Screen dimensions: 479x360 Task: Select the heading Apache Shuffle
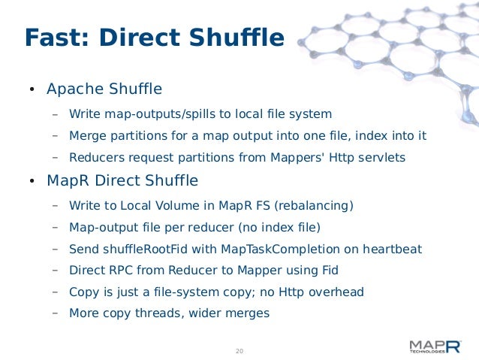pos(104,89)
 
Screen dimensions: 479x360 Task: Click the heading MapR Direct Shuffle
pos(122,181)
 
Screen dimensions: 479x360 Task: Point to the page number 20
pos(239,351)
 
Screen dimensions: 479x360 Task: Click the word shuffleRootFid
pos(150,248)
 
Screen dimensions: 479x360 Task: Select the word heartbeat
pos(390,248)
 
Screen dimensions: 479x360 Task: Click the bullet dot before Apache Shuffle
pos(31,91)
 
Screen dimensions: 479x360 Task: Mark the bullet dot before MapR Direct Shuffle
pos(31,183)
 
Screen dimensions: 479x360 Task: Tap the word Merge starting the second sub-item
pos(86,136)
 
